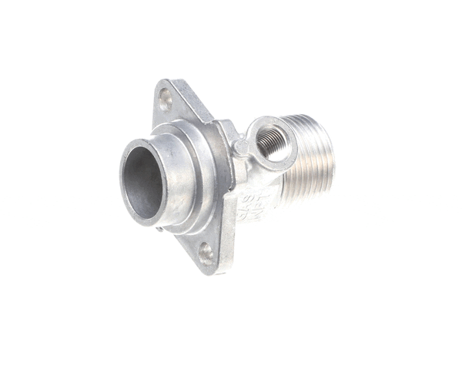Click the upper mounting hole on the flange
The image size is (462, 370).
165,98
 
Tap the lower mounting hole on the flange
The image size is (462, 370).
206,251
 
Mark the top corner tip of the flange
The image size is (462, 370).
163,81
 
